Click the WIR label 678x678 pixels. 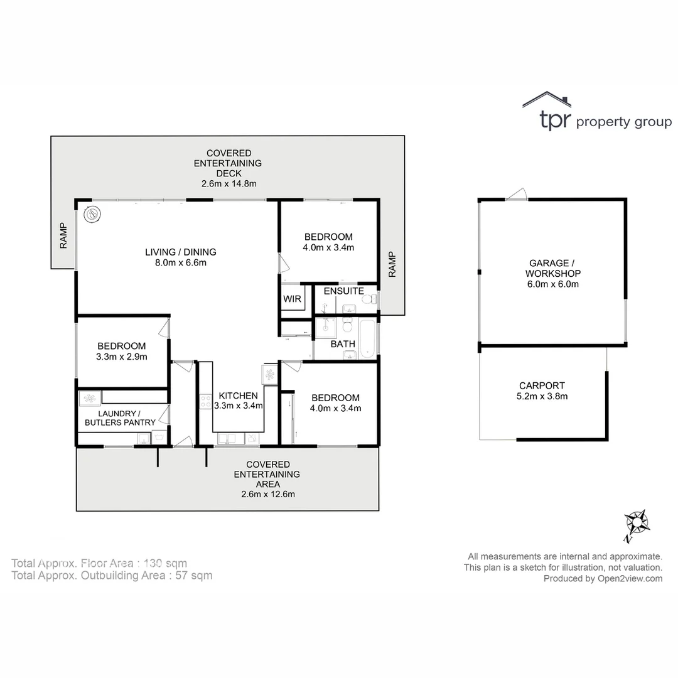(x=292, y=299)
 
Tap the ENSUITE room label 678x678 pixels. (x=343, y=291)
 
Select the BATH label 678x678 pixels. (x=343, y=344)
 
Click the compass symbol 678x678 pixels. (x=637, y=523)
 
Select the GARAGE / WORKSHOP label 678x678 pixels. (x=553, y=268)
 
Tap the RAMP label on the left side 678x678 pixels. (x=63, y=236)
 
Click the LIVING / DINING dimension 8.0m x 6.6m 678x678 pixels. (x=181, y=262)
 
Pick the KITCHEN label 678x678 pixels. (x=238, y=395)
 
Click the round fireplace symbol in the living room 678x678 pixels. (x=93, y=214)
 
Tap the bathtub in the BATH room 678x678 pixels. (x=369, y=339)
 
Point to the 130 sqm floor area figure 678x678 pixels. (x=166, y=563)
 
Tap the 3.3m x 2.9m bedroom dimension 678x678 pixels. (x=122, y=357)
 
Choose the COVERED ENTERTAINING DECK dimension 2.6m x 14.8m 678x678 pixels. (x=229, y=184)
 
